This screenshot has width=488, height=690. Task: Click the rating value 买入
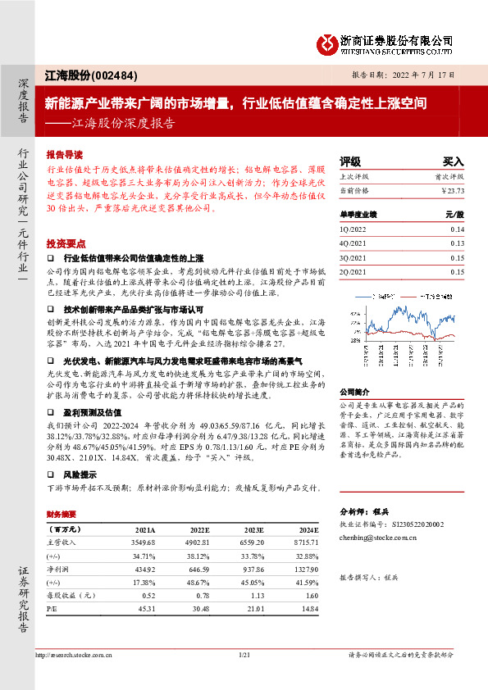click(453, 161)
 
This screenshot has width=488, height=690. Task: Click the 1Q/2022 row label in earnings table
click(353, 230)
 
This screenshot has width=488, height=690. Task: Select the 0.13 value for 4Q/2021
click(457, 243)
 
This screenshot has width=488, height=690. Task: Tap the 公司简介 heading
click(354, 392)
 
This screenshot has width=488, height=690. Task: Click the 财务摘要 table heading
click(61, 515)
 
